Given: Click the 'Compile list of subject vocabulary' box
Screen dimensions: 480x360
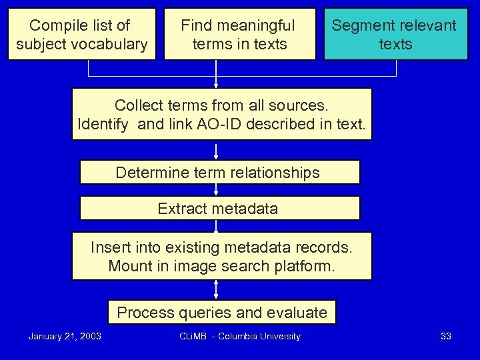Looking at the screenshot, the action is click(x=81, y=35).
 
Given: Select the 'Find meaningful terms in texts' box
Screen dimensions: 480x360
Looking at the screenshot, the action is click(x=239, y=35).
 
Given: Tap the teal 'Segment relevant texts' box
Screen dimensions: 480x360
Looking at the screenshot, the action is click(x=395, y=35).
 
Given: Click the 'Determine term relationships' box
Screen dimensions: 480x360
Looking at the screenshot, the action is click(x=219, y=173).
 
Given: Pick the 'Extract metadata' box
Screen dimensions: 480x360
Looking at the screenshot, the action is click(x=219, y=209).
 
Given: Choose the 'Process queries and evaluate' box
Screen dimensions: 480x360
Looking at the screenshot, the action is click(x=222, y=313).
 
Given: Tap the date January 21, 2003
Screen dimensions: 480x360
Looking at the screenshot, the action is click(x=65, y=336).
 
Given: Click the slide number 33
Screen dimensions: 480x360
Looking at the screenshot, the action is click(x=446, y=336).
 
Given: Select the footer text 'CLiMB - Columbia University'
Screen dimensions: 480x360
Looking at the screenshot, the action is click(x=240, y=336).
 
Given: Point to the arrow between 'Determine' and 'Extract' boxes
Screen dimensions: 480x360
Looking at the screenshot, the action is click(x=216, y=190).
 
